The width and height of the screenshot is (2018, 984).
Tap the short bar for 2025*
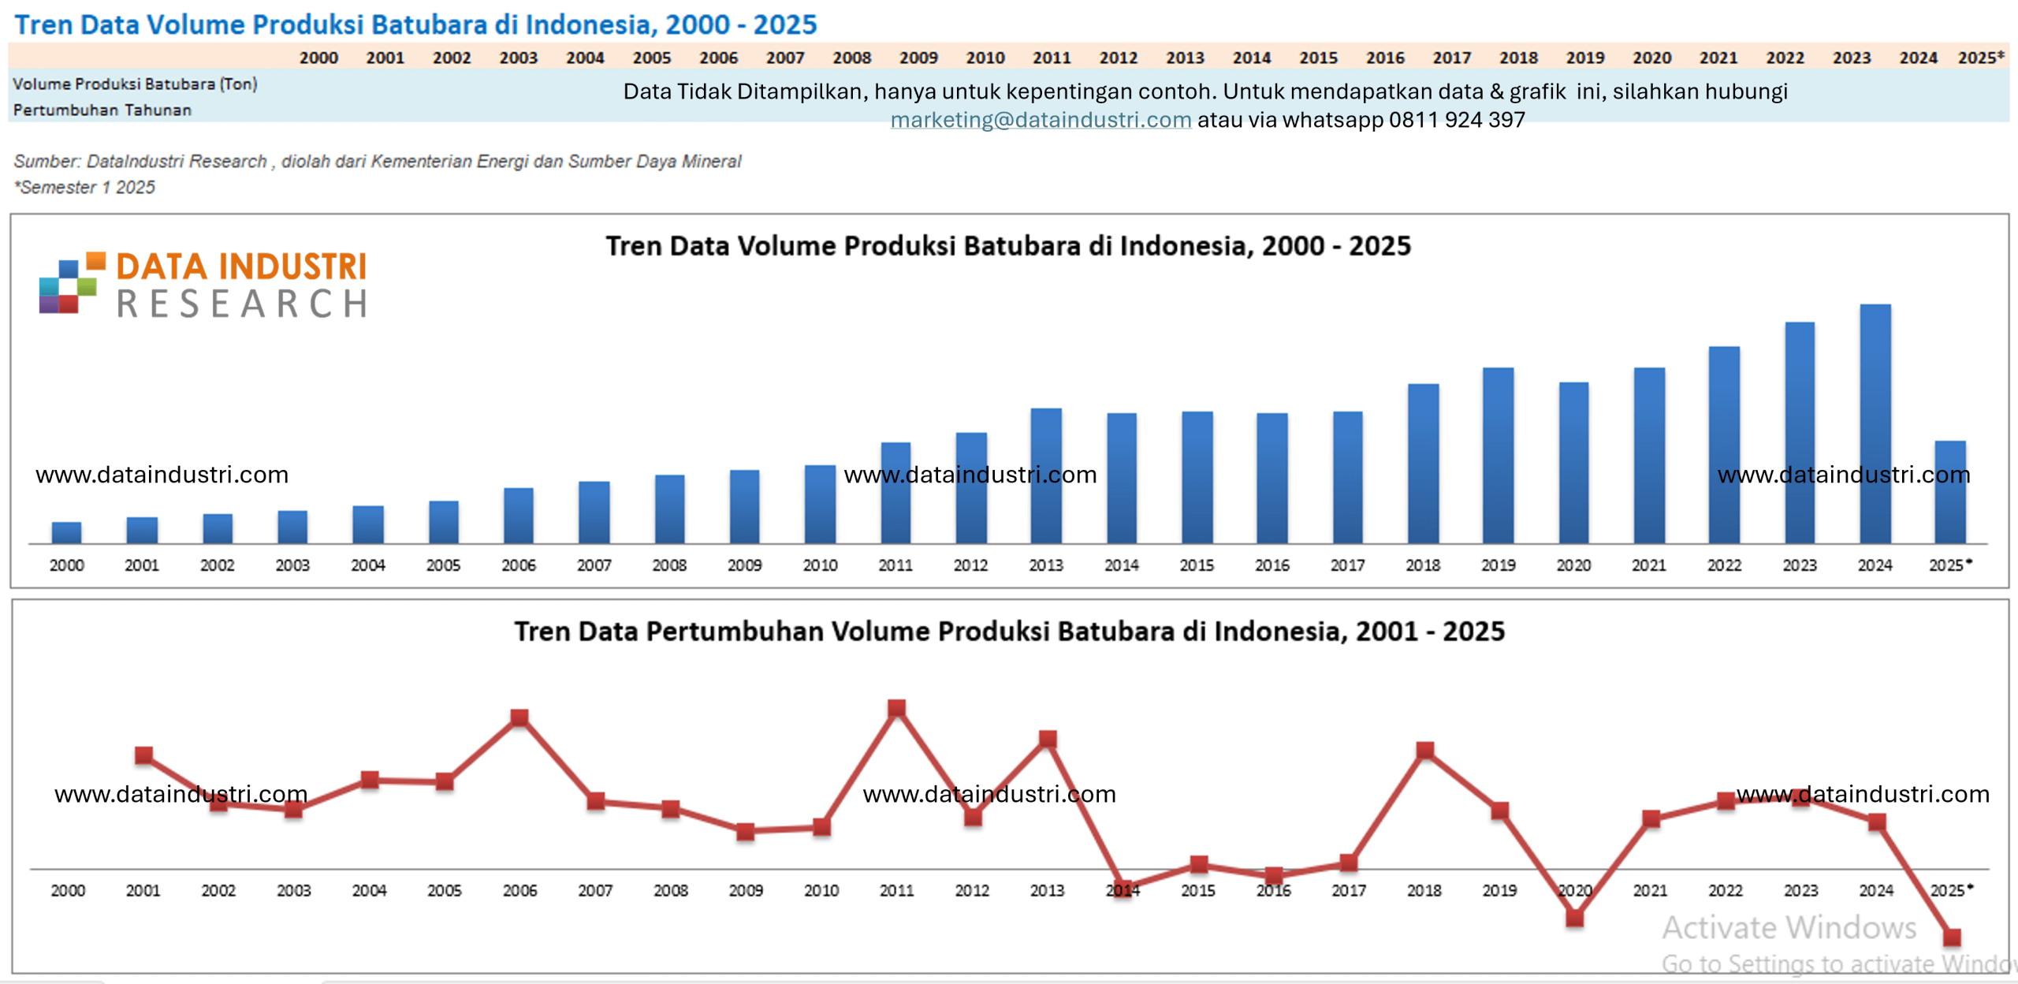pyautogui.click(x=1949, y=492)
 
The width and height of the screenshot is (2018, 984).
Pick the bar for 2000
pyautogui.click(x=66, y=532)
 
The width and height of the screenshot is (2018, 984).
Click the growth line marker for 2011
pyautogui.click(x=896, y=708)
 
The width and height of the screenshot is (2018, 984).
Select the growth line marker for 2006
pyautogui.click(x=519, y=717)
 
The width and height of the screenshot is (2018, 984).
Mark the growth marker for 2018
pyautogui.click(x=1424, y=750)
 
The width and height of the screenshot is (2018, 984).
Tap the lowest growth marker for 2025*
pyautogui.click(x=1952, y=937)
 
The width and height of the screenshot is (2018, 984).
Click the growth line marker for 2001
pyautogui.click(x=143, y=755)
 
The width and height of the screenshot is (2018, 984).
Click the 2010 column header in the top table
pyautogui.click(x=985, y=58)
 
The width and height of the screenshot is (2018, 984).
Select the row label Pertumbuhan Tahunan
pyautogui.click(x=102, y=110)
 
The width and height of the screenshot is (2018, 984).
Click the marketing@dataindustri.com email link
pyautogui.click(x=1041, y=120)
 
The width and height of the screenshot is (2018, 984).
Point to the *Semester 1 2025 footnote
pyautogui.click(x=84, y=188)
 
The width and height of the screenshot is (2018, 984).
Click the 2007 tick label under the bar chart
pyautogui.click(x=594, y=565)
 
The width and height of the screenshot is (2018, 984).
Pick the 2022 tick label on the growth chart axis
pyautogui.click(x=1725, y=890)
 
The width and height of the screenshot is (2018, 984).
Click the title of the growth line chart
pyautogui.click(x=1009, y=632)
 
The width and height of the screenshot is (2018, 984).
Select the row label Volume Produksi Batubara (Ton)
pyautogui.click(x=135, y=84)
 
